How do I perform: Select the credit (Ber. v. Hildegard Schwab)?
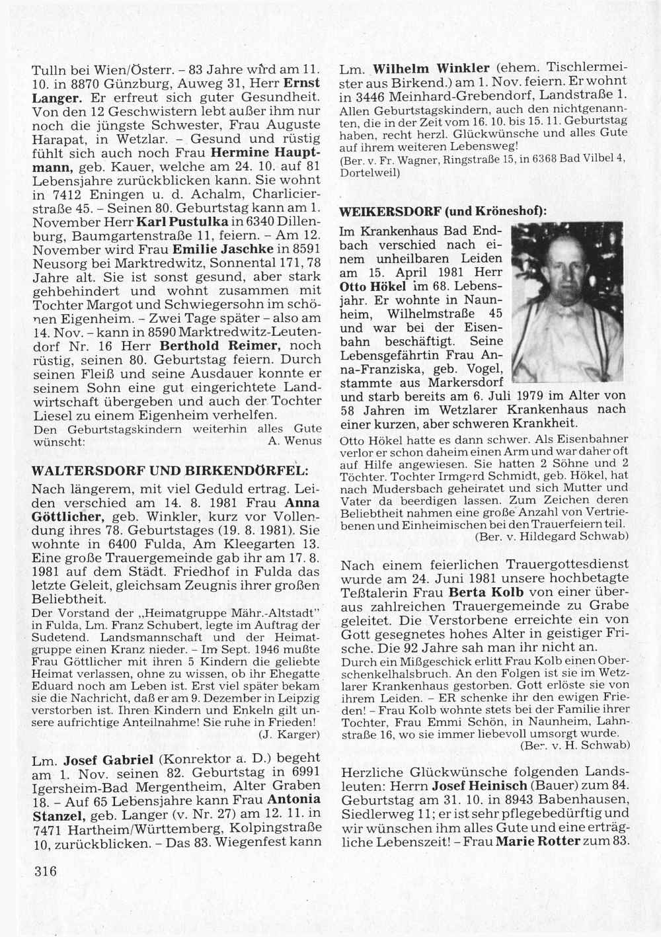coord(551,537)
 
